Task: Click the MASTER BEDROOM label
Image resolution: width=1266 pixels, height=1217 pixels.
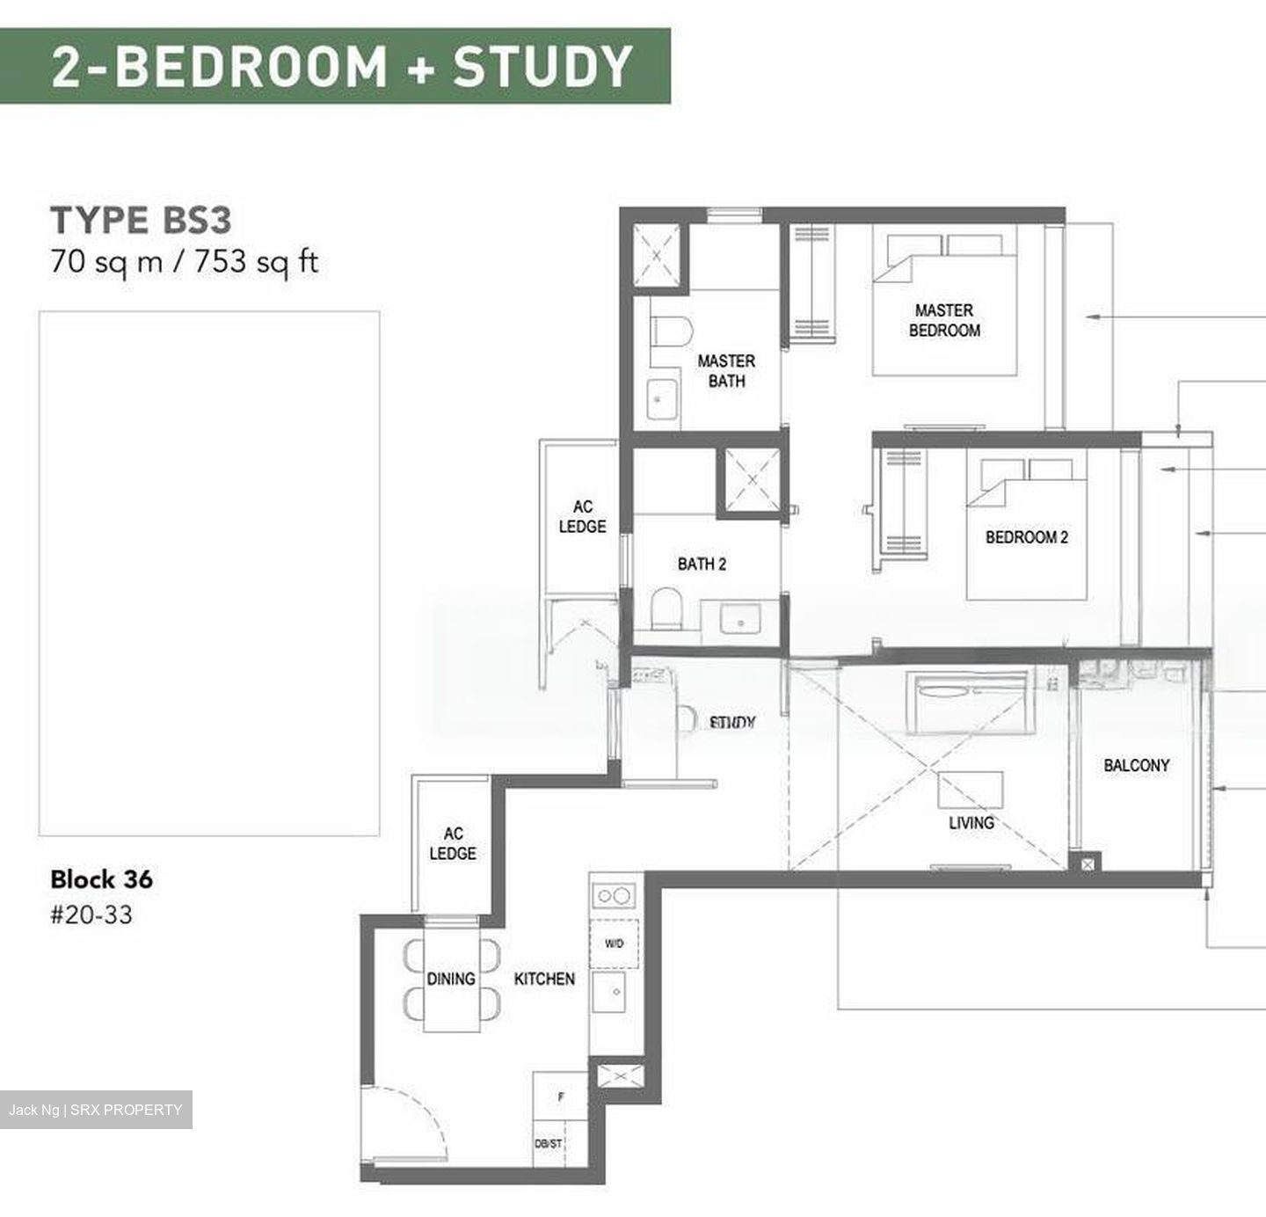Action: click(944, 321)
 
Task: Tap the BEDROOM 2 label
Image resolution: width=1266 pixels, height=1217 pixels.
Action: click(1027, 537)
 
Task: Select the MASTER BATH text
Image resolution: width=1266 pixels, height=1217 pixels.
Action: click(726, 371)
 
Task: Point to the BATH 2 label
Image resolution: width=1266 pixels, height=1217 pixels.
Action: click(702, 565)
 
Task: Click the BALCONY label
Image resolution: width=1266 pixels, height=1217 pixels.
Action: click(1137, 766)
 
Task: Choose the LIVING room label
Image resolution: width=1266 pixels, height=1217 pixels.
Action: click(971, 823)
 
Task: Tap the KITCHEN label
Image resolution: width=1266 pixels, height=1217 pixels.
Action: click(544, 979)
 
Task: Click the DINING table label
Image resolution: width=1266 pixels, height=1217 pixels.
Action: click(451, 979)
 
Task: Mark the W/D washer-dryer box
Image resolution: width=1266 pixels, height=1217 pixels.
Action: click(615, 944)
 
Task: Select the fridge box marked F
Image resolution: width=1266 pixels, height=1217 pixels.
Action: click(561, 1097)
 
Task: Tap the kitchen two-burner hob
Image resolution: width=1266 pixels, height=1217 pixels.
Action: click(613, 896)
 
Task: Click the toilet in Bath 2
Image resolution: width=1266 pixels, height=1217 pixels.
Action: click(667, 608)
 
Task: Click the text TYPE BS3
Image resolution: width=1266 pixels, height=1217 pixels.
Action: click(141, 220)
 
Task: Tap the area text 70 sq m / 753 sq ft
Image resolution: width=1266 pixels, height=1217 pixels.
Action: click(184, 262)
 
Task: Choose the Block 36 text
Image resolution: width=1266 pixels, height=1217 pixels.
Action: click(101, 879)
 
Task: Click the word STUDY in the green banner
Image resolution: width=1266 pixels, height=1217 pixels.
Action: click(542, 67)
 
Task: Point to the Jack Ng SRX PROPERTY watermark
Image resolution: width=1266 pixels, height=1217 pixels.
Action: click(96, 1110)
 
